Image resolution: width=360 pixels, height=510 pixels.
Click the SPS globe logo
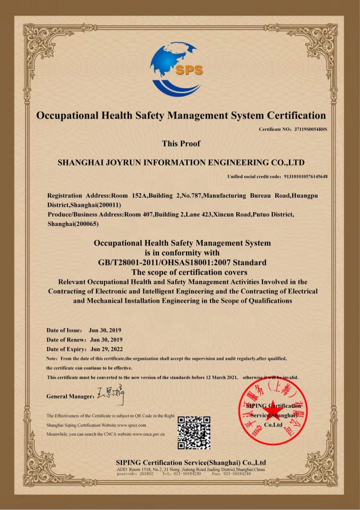pyautogui.click(x=178, y=69)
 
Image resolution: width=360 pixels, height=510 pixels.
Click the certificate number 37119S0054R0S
pyautogui.click(x=308, y=129)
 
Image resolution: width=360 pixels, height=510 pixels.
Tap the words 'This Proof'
pyautogui.click(x=181, y=143)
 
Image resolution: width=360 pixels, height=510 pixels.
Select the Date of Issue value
pyautogui.click(x=105, y=330)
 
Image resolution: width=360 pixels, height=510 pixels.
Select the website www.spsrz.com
pyautogui.click(x=131, y=425)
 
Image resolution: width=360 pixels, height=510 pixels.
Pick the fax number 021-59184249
pyautogui.click(x=239, y=474)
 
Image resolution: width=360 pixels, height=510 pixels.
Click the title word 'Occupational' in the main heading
pyautogui.click(x=68, y=116)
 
